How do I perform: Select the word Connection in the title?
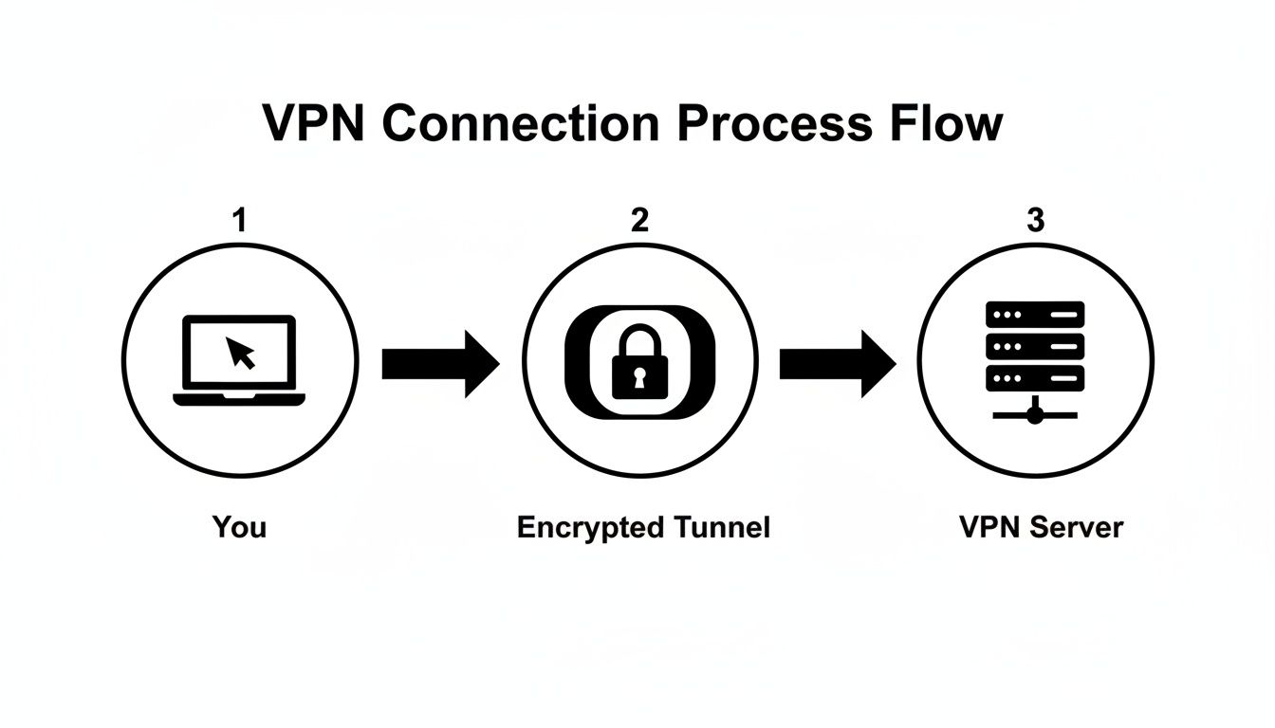click(x=518, y=125)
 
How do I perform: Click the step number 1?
click(x=239, y=220)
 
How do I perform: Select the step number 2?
click(x=639, y=220)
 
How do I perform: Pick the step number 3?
click(x=1035, y=220)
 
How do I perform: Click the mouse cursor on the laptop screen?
click(x=241, y=353)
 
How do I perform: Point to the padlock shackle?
click(x=638, y=337)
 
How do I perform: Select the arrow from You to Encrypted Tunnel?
click(x=439, y=362)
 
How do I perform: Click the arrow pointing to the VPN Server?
click(x=837, y=362)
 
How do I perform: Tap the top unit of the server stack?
click(x=1035, y=314)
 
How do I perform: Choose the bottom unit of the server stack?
click(x=1035, y=378)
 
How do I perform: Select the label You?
click(x=239, y=526)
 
